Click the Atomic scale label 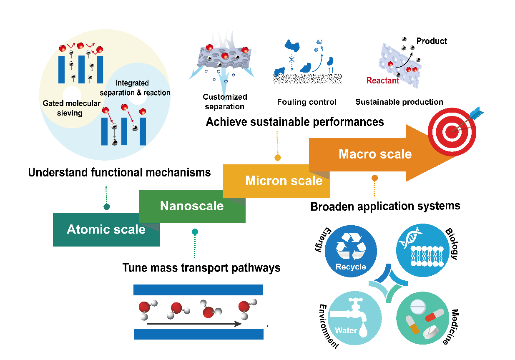point(106,229)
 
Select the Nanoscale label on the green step point(192,206)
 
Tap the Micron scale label point(284,181)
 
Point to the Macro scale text point(375,154)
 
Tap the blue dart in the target point(475,115)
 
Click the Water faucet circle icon point(355,318)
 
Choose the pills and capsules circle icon point(422,318)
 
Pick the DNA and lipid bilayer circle point(422,250)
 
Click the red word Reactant point(383,81)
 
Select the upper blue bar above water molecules point(198,290)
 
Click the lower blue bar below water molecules point(198,334)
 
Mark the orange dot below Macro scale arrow point(374,178)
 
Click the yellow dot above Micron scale point(277,158)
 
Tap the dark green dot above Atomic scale point(106,207)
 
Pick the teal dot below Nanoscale point(195,232)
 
